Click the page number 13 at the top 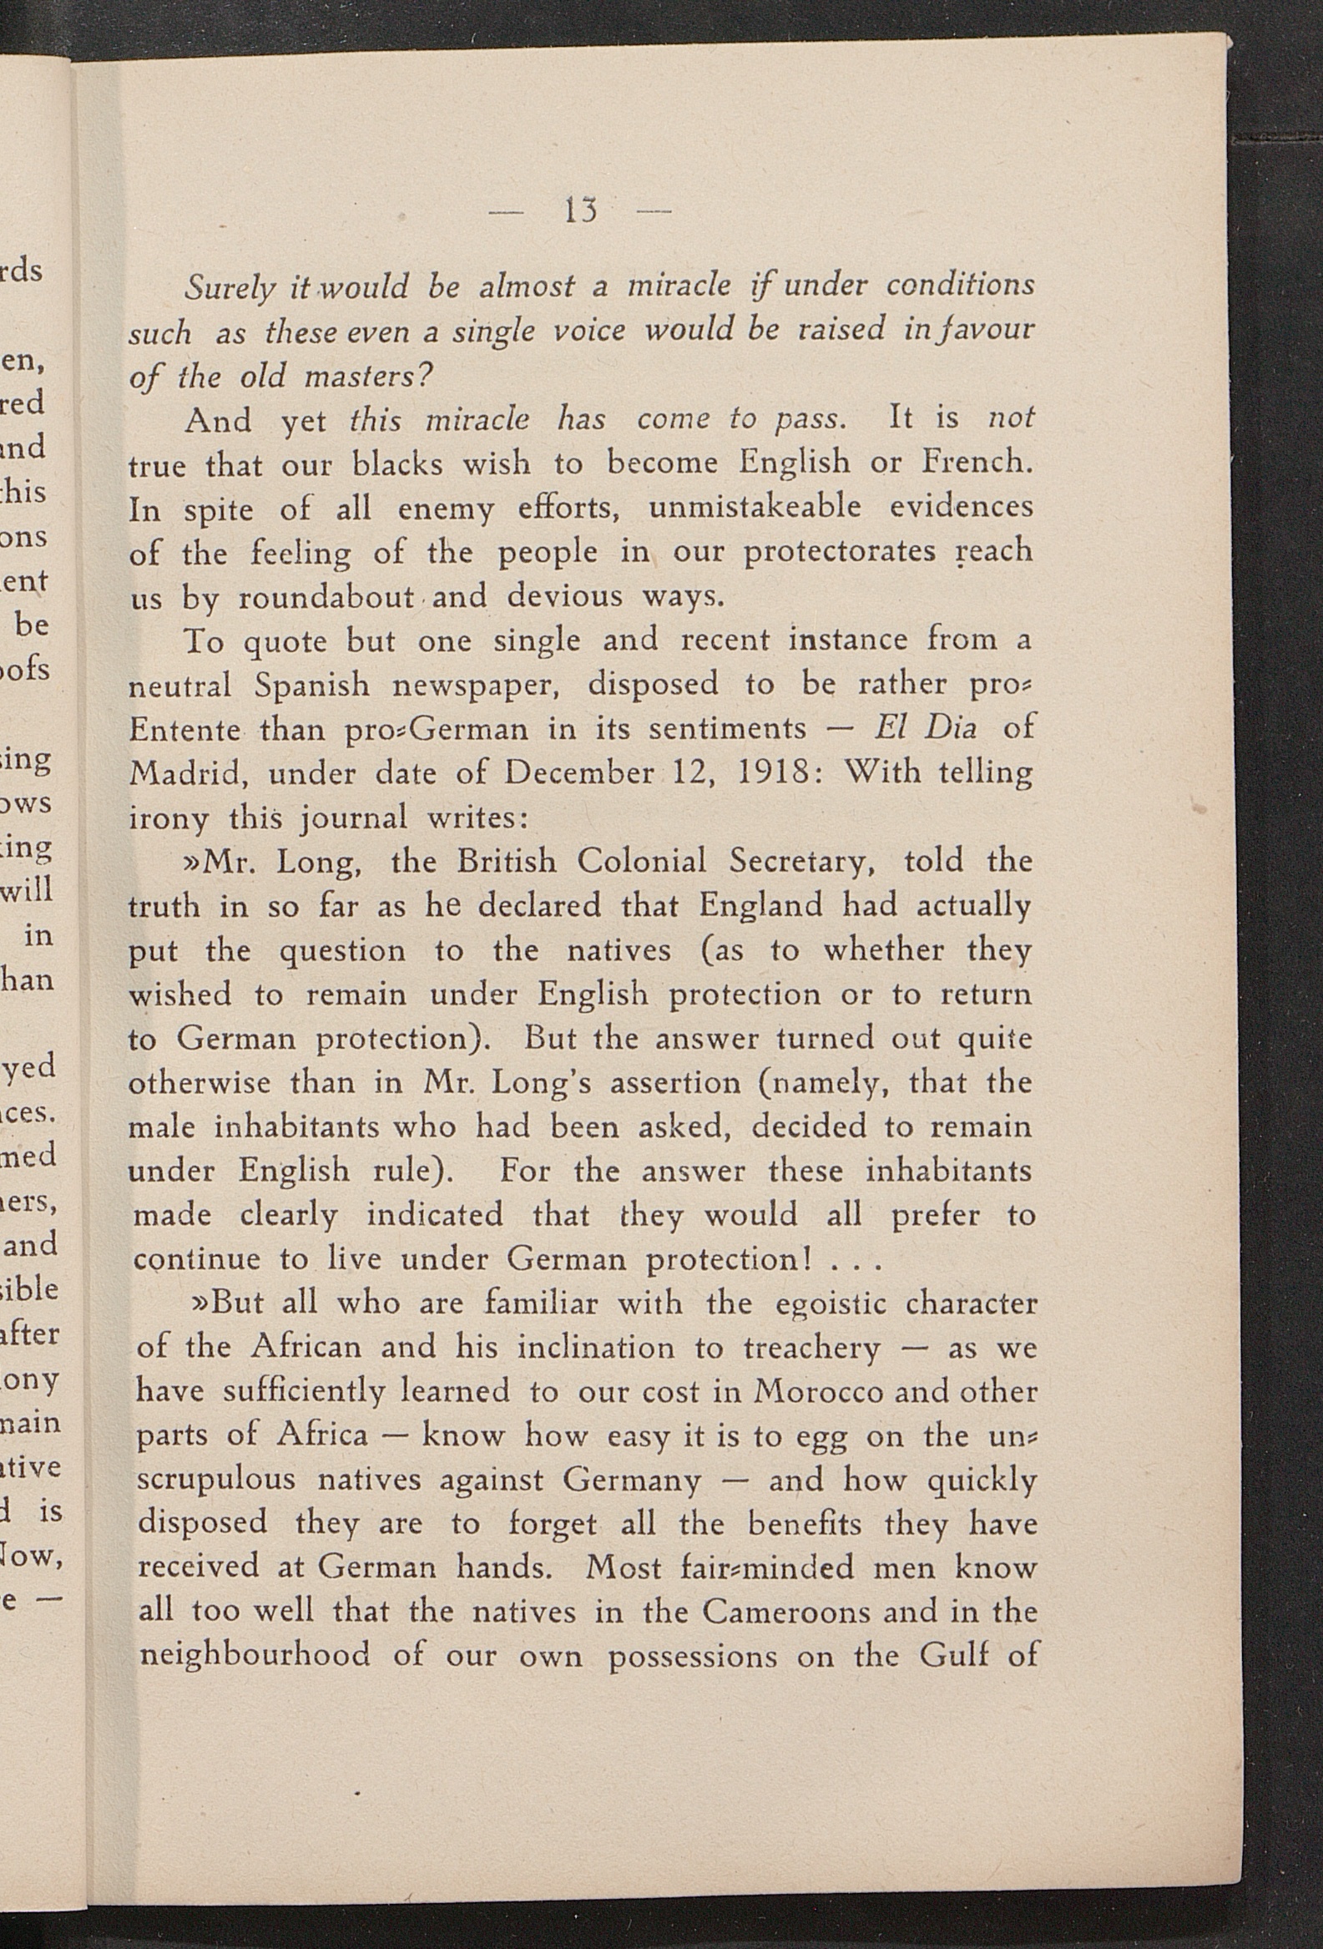[580, 210]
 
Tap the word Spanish [311, 686]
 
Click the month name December [578, 772]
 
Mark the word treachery [811, 1348]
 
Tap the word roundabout [326, 596]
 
